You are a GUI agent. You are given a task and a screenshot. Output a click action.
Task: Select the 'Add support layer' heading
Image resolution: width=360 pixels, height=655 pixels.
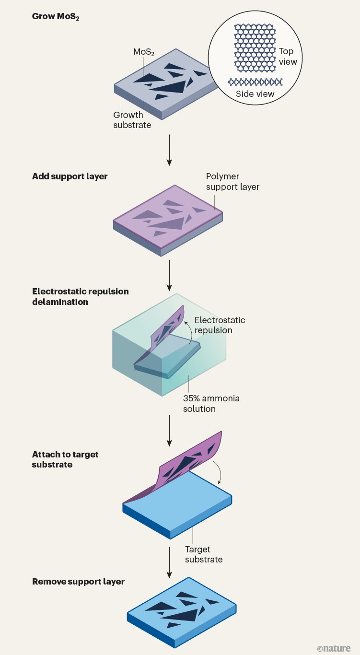70,176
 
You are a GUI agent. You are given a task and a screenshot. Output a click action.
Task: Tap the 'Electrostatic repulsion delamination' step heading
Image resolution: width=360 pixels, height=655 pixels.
80,297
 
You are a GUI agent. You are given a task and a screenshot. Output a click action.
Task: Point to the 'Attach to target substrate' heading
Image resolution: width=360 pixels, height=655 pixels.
65,459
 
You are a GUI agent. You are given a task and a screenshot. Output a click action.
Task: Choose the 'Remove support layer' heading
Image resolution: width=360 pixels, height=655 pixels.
78,582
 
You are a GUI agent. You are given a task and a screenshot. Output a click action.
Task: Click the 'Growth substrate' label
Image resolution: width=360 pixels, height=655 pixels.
132,120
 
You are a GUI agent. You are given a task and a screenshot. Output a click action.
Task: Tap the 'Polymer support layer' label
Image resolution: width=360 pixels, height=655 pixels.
232,182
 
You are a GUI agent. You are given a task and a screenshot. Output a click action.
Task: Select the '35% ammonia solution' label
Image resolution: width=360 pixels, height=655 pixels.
211,404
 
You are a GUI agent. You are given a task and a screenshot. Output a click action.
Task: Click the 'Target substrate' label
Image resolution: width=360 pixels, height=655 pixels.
203,554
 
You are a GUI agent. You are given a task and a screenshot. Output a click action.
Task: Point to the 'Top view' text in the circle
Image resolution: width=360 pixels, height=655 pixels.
287,57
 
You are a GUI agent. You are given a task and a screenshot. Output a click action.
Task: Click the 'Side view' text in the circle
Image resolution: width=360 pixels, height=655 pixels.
255,94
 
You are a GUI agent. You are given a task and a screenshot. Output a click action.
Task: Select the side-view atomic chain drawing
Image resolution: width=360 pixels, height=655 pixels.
255,82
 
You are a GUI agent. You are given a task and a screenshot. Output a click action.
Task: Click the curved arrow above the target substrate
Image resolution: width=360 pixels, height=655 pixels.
219,471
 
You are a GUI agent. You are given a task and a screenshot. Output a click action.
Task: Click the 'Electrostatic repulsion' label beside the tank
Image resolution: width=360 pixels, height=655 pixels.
219,325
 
